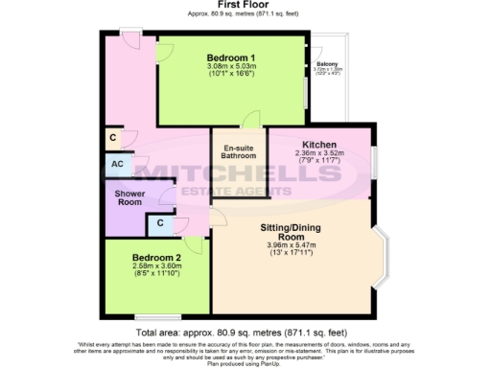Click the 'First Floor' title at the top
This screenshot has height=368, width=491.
(x=245, y=6)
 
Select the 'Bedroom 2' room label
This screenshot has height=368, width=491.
(x=156, y=258)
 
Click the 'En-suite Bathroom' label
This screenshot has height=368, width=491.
(x=239, y=153)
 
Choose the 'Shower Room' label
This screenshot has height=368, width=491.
(x=129, y=196)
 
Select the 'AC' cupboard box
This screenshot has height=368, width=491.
(x=116, y=164)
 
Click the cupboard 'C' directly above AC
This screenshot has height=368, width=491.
(x=115, y=138)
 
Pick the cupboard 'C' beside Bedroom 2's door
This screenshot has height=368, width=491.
(x=159, y=224)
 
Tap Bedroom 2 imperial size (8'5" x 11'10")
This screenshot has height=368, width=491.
(x=156, y=275)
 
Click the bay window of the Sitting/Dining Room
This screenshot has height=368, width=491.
(x=385, y=258)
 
